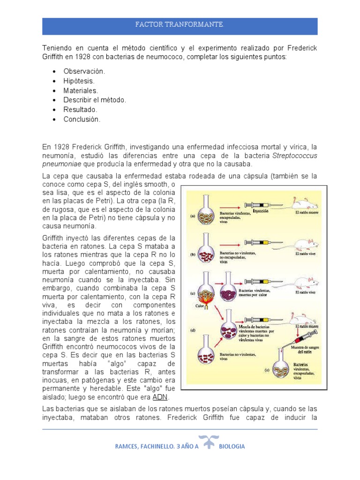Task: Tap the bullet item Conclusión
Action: pos(82,119)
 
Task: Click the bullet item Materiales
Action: pos(81,90)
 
